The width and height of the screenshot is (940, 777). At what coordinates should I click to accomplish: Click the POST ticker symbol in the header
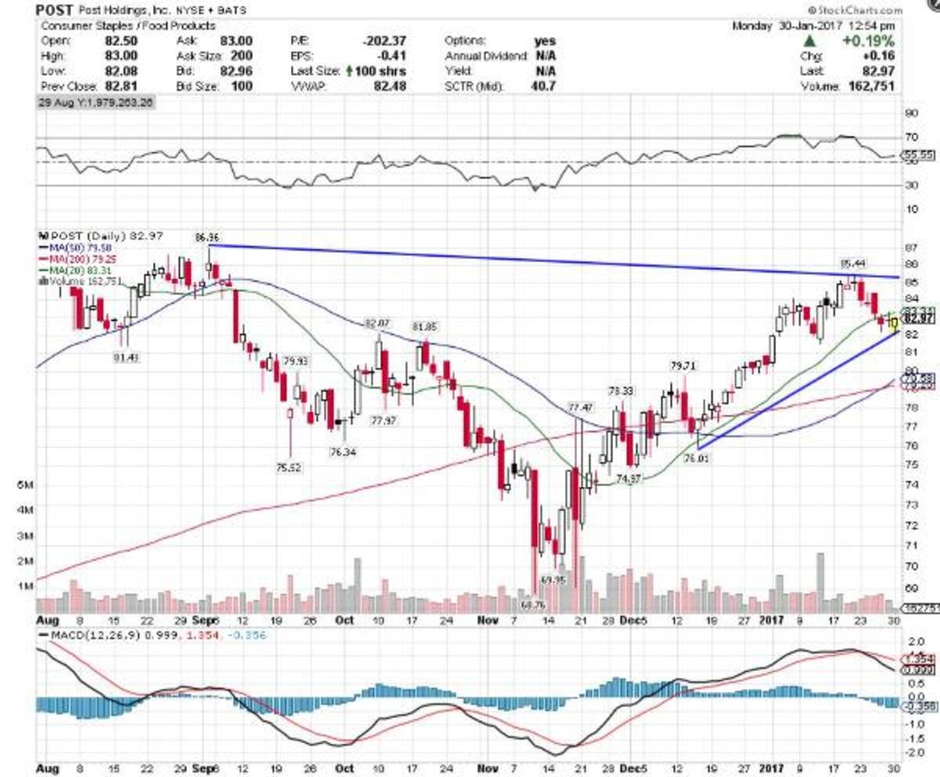click(x=56, y=11)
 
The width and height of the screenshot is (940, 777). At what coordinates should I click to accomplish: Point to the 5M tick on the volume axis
click(x=24, y=486)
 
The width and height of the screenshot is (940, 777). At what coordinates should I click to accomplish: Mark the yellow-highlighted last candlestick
click(x=894, y=320)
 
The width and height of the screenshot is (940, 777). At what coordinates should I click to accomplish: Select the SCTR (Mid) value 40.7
click(x=541, y=86)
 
